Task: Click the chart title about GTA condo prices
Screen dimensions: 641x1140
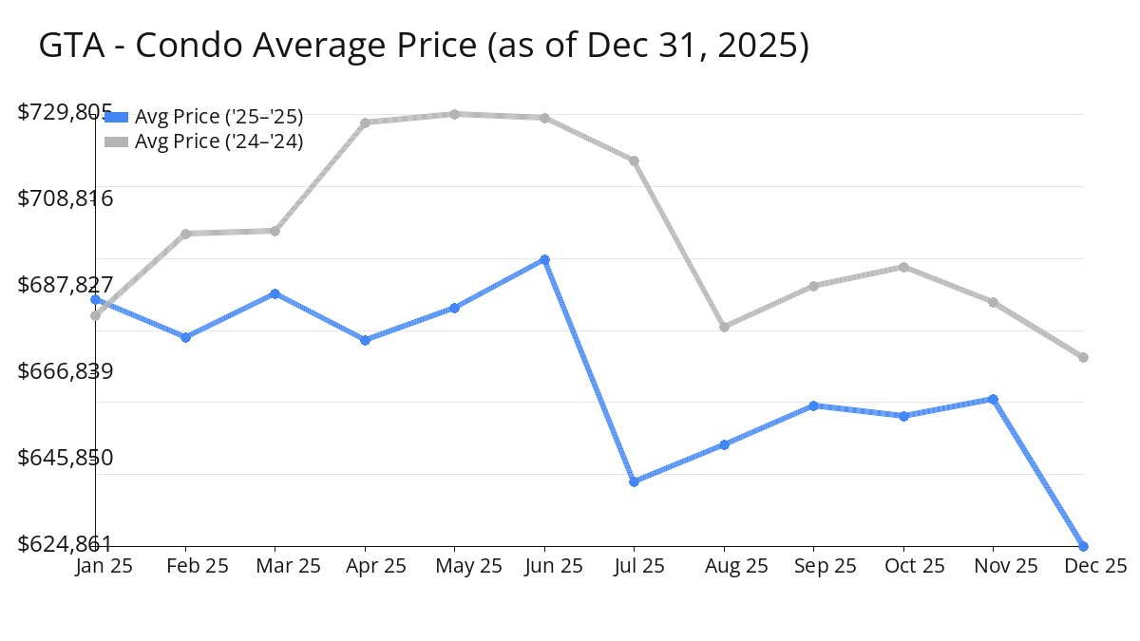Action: tap(424, 46)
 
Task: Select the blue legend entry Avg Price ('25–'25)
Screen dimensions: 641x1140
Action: tap(218, 117)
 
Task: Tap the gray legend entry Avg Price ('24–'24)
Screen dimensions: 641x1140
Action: tap(218, 141)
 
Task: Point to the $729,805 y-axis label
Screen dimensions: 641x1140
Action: tap(66, 112)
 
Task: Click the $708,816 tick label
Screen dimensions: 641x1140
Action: tap(66, 198)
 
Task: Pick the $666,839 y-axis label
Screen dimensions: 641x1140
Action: tap(66, 371)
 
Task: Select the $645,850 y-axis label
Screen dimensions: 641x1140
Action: tap(66, 458)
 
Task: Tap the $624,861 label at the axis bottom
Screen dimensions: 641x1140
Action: tap(66, 544)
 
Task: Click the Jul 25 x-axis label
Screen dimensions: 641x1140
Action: tap(639, 566)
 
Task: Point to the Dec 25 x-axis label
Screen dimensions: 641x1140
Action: tap(1093, 566)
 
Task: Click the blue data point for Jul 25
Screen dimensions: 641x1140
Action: tap(634, 481)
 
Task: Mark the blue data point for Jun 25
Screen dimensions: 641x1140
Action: tap(544, 259)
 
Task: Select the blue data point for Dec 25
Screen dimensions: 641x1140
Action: tap(1083, 546)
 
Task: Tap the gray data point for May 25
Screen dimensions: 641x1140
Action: tap(454, 114)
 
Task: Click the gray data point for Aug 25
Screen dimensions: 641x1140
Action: tap(724, 327)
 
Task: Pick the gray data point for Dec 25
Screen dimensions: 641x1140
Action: tap(1083, 357)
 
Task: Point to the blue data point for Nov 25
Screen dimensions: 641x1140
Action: tap(993, 399)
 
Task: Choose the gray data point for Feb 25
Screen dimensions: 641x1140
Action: tap(185, 234)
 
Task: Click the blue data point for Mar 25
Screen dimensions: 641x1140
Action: tap(275, 293)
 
